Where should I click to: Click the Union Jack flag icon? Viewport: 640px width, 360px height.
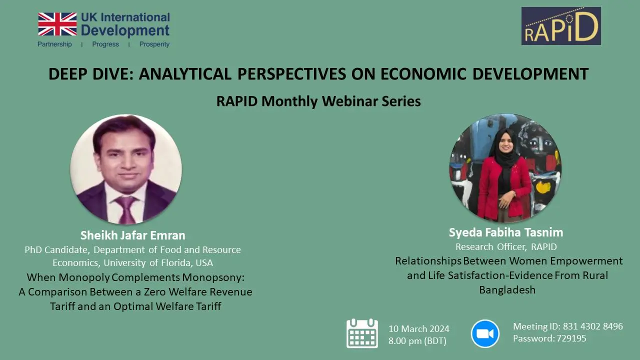tap(57, 24)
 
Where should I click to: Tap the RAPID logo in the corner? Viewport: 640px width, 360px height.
tap(561, 26)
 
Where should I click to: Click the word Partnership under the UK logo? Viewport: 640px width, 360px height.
tap(54, 44)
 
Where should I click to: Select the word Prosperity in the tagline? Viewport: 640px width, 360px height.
tap(154, 44)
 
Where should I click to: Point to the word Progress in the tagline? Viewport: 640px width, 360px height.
tap(105, 44)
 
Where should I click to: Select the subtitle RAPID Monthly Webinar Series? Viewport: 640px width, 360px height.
tap(318, 101)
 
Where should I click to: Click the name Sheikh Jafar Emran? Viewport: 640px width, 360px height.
tap(133, 235)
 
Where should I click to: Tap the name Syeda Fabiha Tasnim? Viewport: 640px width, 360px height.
tap(506, 232)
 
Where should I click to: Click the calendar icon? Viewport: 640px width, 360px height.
tap(362, 333)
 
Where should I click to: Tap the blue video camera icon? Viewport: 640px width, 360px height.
tap(485, 333)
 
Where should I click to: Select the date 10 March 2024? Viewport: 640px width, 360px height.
tap(419, 328)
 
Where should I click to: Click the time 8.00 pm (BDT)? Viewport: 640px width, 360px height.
tap(417, 341)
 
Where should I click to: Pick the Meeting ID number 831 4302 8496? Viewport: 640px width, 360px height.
tap(593, 326)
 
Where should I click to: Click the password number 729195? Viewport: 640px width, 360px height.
tap(571, 338)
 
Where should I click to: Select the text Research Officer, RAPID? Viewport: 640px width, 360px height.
tap(506, 246)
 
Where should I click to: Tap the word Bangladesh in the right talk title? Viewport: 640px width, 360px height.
tap(507, 289)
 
